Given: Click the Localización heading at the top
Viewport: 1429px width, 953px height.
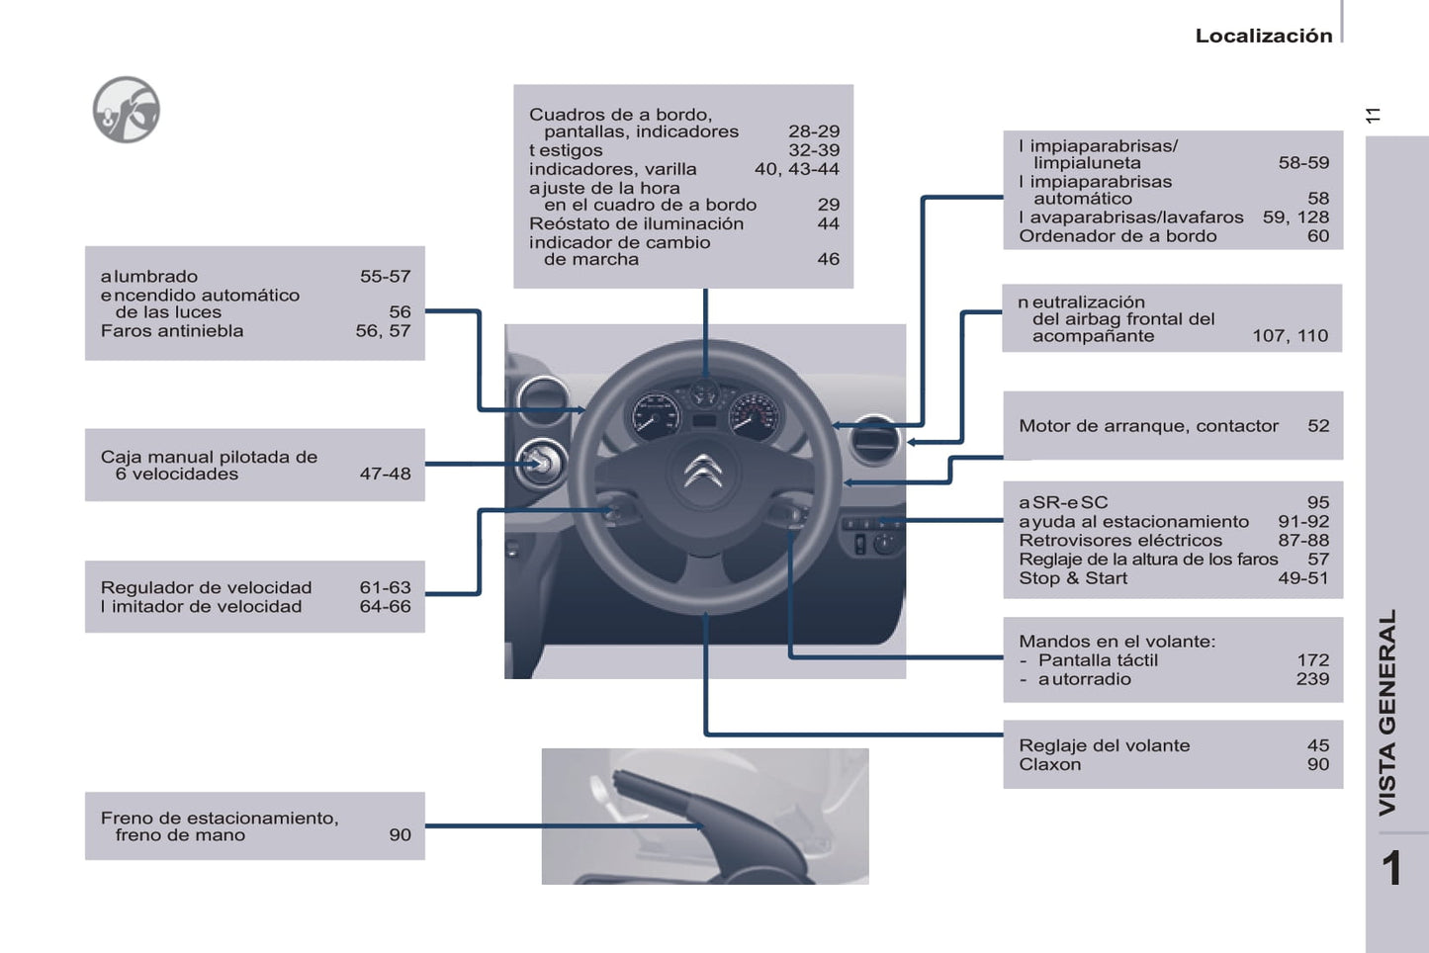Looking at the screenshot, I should pyautogui.click(x=1263, y=36).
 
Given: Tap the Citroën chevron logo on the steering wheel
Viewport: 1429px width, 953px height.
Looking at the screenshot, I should pyautogui.click(x=703, y=472).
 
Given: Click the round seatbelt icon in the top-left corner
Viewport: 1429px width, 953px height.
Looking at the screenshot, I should pyautogui.click(x=127, y=110).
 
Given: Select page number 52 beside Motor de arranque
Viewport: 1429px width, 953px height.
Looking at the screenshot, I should pyautogui.click(x=1318, y=426).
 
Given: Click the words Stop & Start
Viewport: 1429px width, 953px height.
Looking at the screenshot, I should pyautogui.click(x=1073, y=578).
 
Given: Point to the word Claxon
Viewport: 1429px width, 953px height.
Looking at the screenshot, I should pyautogui.click(x=1049, y=764).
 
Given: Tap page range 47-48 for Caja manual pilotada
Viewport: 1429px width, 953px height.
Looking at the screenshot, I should pyautogui.click(x=385, y=474).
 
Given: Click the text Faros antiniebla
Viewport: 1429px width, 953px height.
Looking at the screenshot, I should pyautogui.click(x=172, y=331).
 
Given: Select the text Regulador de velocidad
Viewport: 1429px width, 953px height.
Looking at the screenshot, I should pyautogui.click(x=206, y=587).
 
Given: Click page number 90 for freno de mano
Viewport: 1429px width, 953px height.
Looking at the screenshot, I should pyautogui.click(x=400, y=834).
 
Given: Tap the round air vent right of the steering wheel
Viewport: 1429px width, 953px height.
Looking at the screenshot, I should pyautogui.click(x=873, y=438).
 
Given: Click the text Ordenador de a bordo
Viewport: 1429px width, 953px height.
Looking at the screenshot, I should pyautogui.click(x=1117, y=236).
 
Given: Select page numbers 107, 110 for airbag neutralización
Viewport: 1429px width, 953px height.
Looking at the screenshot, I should pyautogui.click(x=1290, y=336).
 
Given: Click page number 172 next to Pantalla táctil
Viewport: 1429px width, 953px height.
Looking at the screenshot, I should pyautogui.click(x=1312, y=660).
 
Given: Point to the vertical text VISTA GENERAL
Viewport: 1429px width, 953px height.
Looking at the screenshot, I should pyautogui.click(x=1387, y=712).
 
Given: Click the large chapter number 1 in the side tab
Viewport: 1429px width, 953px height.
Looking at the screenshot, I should pyautogui.click(x=1391, y=869).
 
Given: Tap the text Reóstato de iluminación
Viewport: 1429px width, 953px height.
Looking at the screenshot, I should pyautogui.click(x=636, y=224).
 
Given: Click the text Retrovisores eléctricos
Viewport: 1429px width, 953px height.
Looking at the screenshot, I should pyautogui.click(x=1120, y=541).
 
